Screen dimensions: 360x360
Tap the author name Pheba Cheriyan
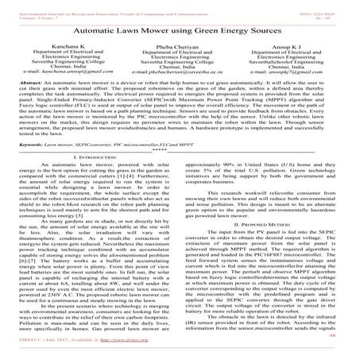(179, 49)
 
